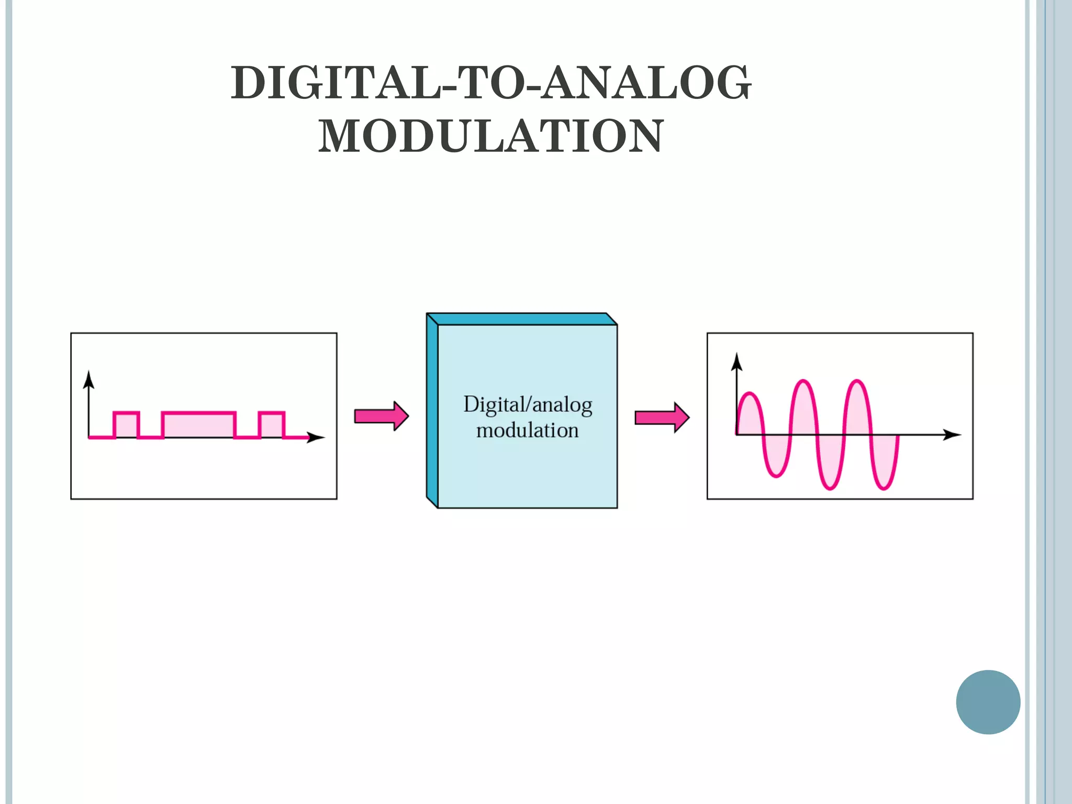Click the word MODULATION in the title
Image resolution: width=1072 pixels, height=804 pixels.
[491, 136]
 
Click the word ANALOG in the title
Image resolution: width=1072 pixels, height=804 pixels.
[646, 83]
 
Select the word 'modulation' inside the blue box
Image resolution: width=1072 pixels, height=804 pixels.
[527, 430]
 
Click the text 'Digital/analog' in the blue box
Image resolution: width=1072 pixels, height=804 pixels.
[528, 405]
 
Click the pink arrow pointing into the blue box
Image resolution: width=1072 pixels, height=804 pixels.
[381, 417]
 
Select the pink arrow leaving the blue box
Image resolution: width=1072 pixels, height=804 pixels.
[662, 417]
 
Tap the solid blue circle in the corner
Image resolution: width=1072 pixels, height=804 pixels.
[988, 702]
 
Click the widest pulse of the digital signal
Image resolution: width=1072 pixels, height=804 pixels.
[199, 425]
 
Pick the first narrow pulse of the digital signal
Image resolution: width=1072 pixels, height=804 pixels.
[126, 425]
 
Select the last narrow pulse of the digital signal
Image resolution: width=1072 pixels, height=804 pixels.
[272, 425]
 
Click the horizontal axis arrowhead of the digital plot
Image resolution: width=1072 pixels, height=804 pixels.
[316, 437]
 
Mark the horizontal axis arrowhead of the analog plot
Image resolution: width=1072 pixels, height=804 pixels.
[952, 434]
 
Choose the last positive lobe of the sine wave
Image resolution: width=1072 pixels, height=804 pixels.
[857, 408]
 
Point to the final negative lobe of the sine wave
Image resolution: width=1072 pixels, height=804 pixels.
[885, 461]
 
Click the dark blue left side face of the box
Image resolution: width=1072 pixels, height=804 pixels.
[432, 410]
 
